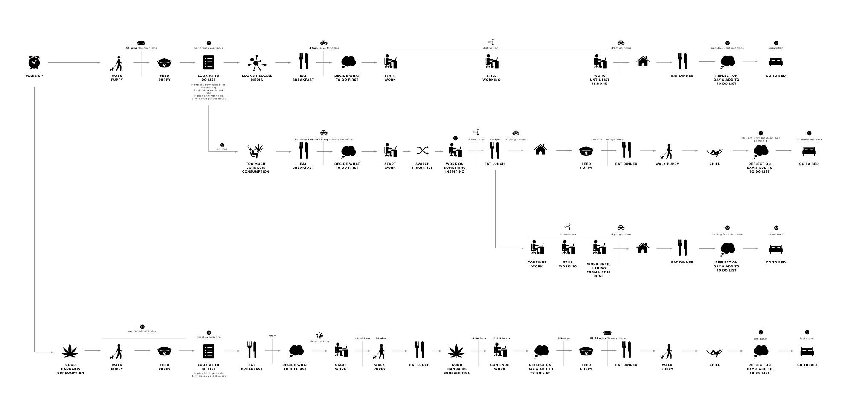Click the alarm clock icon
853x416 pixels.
point(34,62)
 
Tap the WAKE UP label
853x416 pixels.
point(34,76)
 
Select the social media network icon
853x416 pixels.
point(257,63)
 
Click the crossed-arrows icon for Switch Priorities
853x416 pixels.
point(422,150)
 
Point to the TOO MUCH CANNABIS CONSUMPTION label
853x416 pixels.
point(255,168)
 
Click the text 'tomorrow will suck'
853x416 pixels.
point(809,139)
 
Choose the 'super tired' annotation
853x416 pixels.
point(776,234)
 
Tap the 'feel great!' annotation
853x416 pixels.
point(807,338)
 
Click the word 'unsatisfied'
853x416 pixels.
point(776,48)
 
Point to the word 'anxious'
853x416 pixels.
point(222,149)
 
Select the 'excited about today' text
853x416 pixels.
point(142,331)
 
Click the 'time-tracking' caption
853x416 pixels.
point(319,341)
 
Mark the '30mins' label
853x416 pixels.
point(380,338)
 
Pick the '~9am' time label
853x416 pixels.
point(273,336)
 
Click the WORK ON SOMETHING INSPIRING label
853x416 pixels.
point(455,168)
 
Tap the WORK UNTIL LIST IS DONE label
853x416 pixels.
point(599,80)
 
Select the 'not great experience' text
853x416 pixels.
point(209,48)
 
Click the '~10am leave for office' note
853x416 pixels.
point(324,48)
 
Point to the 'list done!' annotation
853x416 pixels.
point(760,339)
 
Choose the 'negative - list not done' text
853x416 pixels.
point(727,48)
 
